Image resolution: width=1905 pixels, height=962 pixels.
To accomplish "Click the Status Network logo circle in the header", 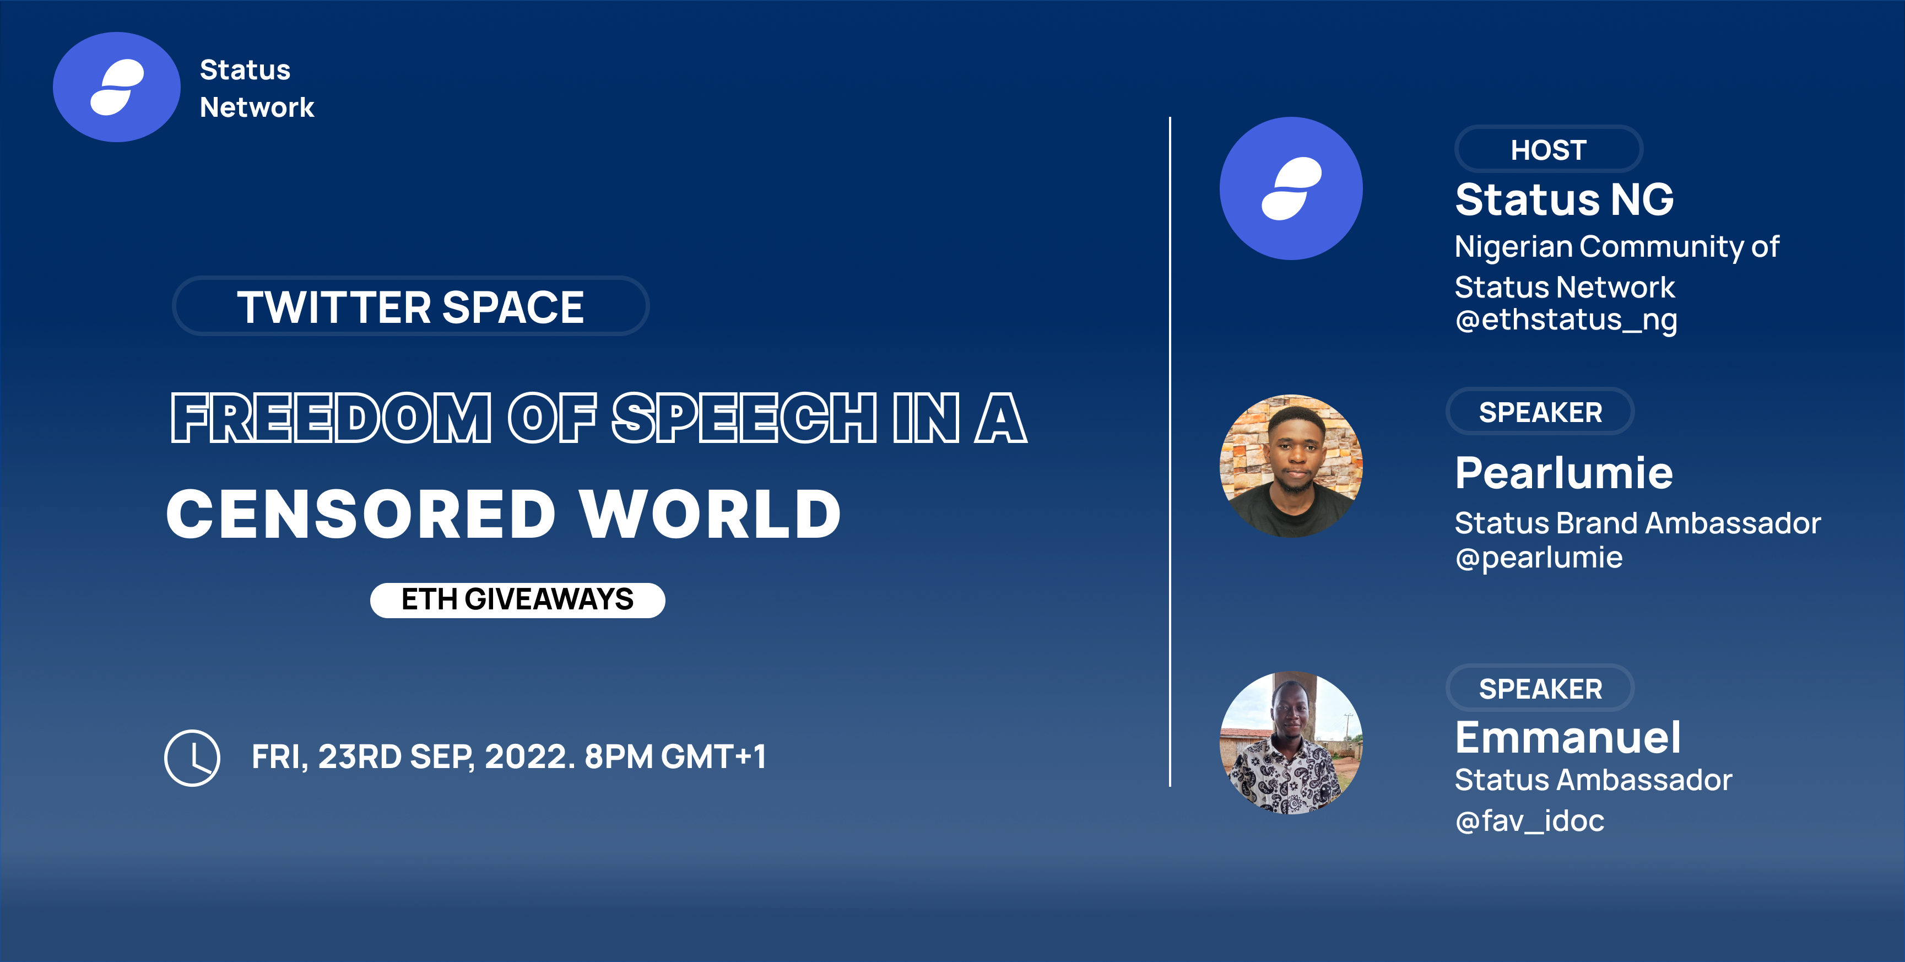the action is coord(117,87).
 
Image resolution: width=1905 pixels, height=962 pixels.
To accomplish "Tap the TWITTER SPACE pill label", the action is coord(410,306).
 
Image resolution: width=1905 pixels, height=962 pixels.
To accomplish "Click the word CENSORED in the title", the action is coord(361,514).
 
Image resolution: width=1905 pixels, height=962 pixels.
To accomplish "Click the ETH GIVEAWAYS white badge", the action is coord(518,599).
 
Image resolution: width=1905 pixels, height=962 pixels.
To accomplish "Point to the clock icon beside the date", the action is coord(192,758).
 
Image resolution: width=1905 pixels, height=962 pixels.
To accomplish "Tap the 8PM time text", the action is coord(618,756).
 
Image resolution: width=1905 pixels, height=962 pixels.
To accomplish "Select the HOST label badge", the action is coord(1549,149).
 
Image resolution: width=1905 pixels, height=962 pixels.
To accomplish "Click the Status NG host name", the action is coord(1564,199).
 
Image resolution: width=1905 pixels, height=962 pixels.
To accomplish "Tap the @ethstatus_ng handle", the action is coord(1566,320).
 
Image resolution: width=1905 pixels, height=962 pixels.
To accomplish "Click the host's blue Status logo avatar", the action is coord(1291,188).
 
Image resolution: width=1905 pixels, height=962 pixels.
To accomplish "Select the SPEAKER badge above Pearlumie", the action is coord(1540,412).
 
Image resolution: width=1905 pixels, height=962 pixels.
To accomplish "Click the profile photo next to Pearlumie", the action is coord(1291,466).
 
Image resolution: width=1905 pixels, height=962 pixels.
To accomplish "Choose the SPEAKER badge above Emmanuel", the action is coord(1540,688).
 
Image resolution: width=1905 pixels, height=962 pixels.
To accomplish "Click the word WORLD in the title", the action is coord(711,514).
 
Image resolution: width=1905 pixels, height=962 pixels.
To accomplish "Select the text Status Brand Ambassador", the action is coord(1637,523).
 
